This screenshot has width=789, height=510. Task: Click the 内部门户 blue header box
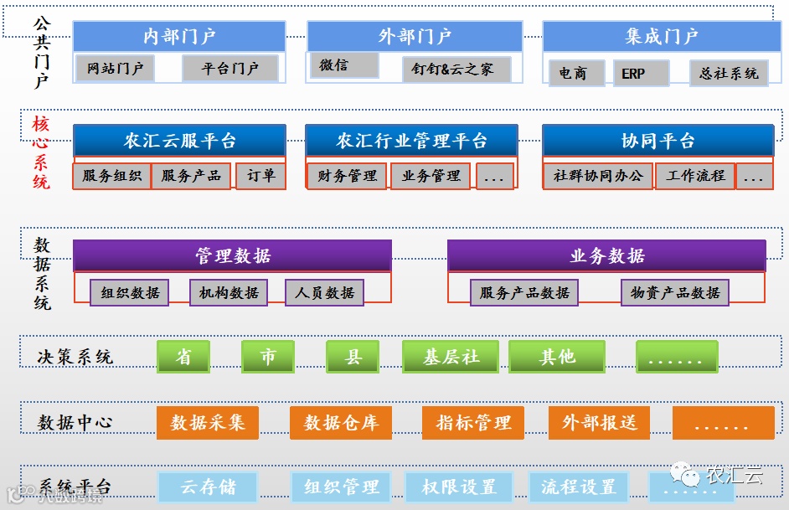click(179, 36)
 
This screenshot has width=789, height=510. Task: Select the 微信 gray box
click(343, 65)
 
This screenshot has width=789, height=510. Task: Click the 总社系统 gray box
click(729, 74)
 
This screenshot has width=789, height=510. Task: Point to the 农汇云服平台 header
click(179, 141)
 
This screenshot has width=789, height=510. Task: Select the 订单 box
click(260, 176)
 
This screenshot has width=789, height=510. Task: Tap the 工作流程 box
click(695, 176)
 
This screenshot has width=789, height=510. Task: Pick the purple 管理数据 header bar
click(232, 256)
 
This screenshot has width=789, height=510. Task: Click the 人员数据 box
click(324, 292)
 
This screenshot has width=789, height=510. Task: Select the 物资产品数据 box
click(675, 292)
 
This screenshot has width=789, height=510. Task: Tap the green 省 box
click(183, 357)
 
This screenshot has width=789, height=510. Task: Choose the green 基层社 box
click(451, 357)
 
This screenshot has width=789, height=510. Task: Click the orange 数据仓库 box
click(341, 423)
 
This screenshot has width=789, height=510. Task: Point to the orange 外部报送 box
click(600, 423)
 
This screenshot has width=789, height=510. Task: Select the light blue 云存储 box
click(208, 487)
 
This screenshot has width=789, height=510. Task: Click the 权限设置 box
click(458, 487)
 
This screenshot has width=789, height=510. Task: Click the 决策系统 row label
click(75, 357)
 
